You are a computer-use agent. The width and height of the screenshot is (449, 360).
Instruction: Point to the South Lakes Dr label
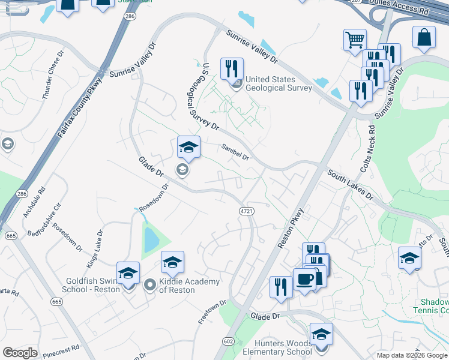350,185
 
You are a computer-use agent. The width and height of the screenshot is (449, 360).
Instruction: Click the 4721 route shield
246,211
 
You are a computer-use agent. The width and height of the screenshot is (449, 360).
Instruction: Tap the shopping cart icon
355,40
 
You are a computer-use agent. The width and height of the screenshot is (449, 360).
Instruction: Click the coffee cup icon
305,280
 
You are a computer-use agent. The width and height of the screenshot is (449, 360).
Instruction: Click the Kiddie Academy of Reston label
177,286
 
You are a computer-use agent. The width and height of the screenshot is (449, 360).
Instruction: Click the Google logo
20,353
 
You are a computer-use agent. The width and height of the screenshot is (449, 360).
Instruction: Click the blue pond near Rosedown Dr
151,239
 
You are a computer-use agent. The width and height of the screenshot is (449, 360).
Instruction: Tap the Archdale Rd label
35,206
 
